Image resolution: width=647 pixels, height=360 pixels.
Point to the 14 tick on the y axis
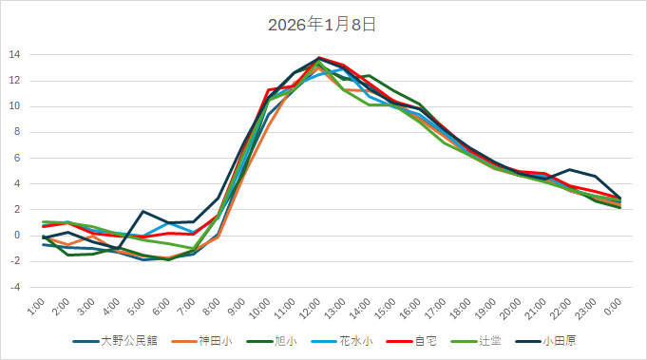14,54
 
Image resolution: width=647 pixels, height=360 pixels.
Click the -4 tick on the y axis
14,287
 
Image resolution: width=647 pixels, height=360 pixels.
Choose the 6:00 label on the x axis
162,309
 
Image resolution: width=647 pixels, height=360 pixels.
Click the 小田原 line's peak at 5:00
143,211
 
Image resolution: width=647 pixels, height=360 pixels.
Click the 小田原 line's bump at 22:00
570,170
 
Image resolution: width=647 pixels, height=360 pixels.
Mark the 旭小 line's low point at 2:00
68,255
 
